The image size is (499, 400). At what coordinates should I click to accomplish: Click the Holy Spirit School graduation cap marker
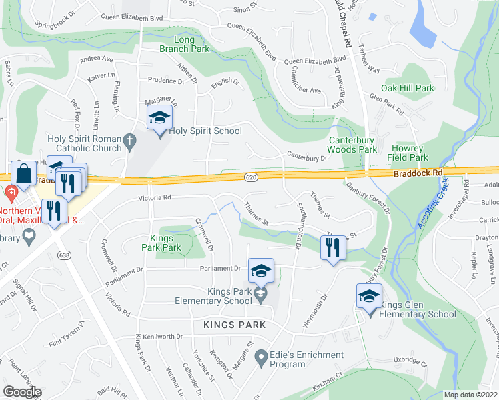(x=159, y=119)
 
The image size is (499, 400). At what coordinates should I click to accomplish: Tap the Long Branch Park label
(x=184, y=44)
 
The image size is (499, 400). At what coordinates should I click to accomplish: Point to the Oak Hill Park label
(x=407, y=88)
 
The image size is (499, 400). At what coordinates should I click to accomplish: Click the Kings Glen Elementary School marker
(x=369, y=296)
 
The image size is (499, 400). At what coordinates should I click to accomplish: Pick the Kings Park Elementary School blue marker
(x=261, y=271)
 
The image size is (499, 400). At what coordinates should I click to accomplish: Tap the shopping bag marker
(x=23, y=173)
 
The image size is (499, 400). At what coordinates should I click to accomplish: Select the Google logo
(x=22, y=391)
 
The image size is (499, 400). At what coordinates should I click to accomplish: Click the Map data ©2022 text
(x=470, y=395)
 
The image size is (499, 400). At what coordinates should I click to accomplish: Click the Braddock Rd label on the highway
(x=418, y=172)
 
